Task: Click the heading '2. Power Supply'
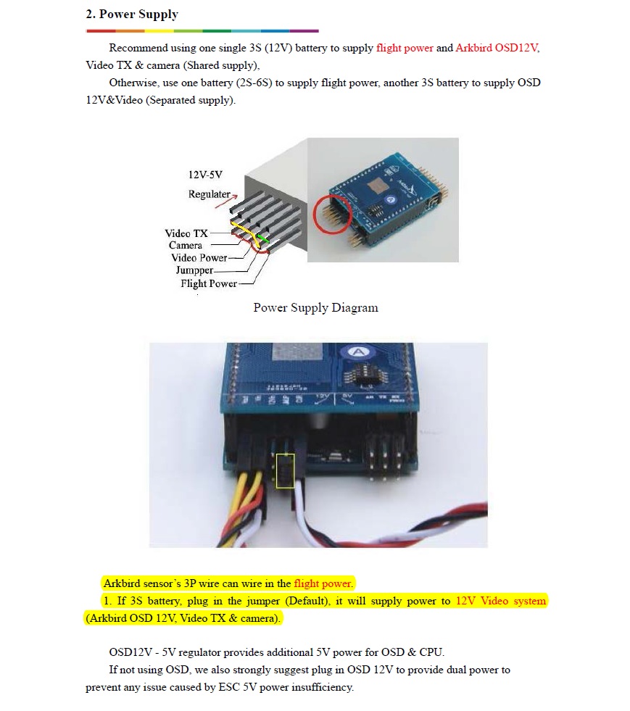(131, 14)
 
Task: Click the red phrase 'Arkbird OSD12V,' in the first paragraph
(497, 48)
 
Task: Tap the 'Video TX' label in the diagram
(186, 233)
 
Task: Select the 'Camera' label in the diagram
(186, 245)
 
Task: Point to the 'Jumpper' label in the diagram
(194, 270)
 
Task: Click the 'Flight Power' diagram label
(209, 283)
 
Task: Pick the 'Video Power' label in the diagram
(199, 258)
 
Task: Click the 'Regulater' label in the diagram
(209, 194)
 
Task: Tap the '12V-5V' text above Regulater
(205, 175)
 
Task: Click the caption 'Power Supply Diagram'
(315, 307)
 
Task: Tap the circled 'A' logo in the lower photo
(358, 352)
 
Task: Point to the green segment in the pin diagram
(262, 238)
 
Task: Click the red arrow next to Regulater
(226, 201)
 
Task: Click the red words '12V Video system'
(501, 601)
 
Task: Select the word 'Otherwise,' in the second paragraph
(133, 83)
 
